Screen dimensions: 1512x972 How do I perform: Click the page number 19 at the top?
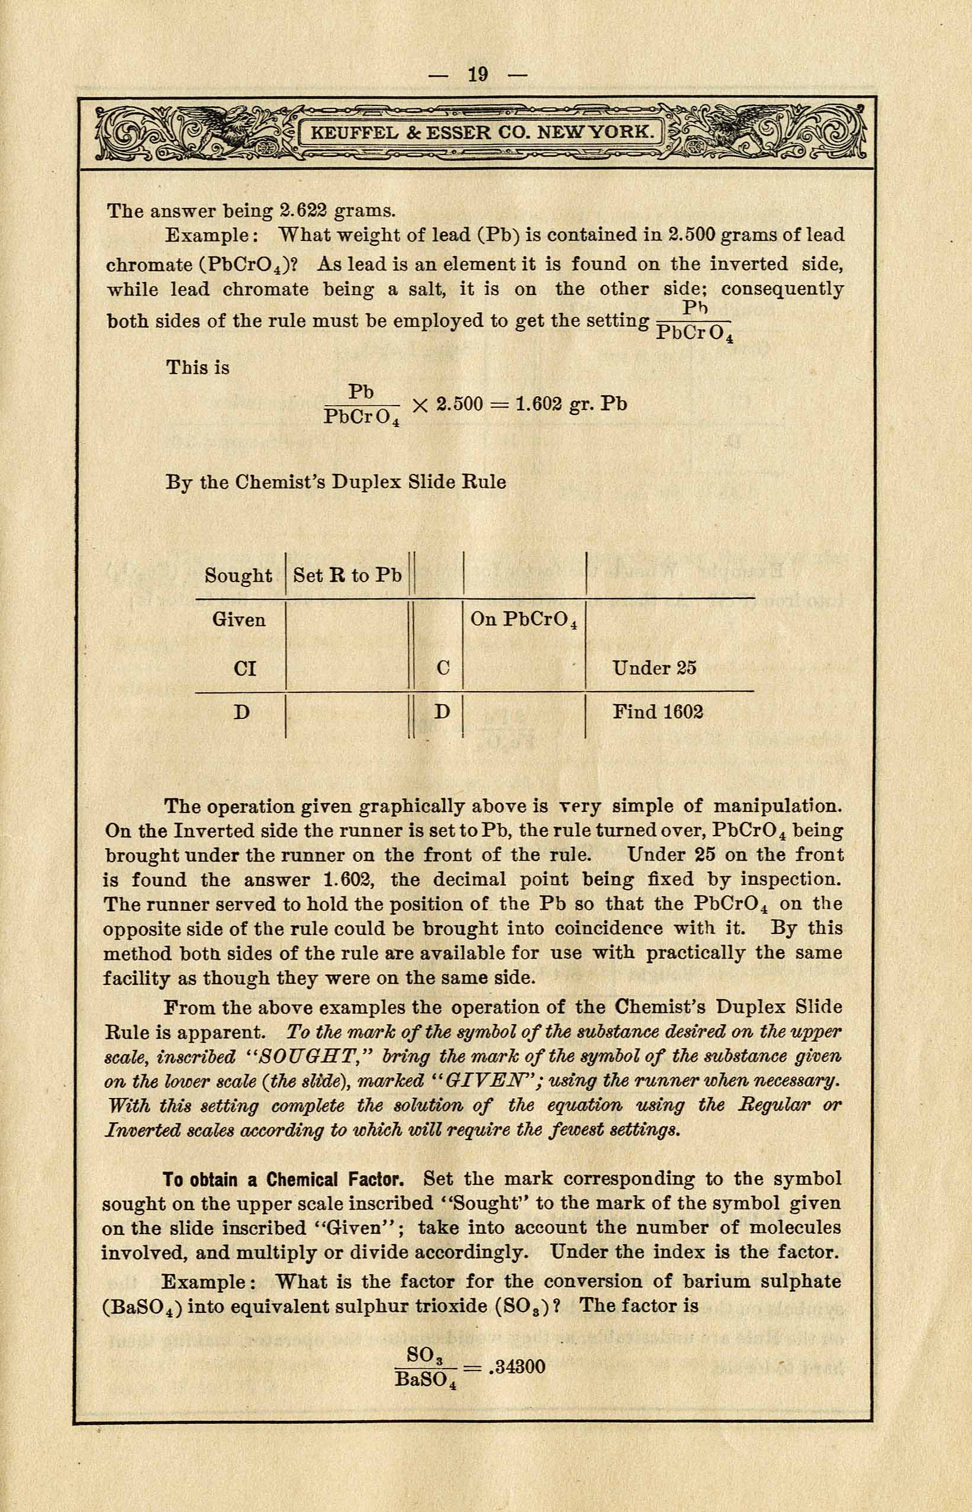click(478, 75)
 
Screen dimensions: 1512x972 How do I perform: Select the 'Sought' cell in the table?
click(239, 575)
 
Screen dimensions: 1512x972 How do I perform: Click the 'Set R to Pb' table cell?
click(347, 575)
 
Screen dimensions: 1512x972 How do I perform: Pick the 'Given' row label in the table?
click(239, 619)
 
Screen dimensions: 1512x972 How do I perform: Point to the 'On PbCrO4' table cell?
click(524, 620)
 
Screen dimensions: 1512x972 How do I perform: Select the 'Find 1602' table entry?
click(658, 712)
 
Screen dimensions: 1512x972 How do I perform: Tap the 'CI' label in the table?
click(244, 668)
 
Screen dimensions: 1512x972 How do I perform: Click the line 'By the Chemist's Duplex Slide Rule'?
click(336, 482)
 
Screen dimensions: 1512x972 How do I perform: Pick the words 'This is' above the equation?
click(198, 367)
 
